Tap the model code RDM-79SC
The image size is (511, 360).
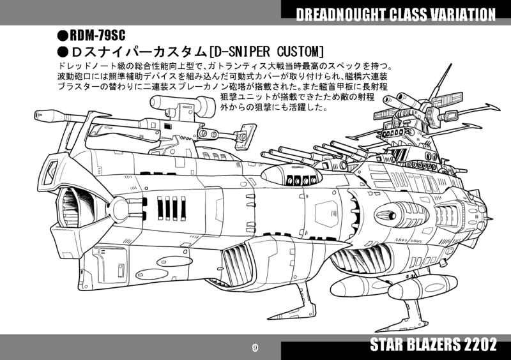coord(96,35)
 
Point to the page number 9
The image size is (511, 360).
coord(255,348)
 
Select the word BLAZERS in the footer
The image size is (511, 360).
coord(429,346)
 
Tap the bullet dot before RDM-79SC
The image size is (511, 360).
coord(62,35)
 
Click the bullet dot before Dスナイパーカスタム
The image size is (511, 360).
coord(62,50)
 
